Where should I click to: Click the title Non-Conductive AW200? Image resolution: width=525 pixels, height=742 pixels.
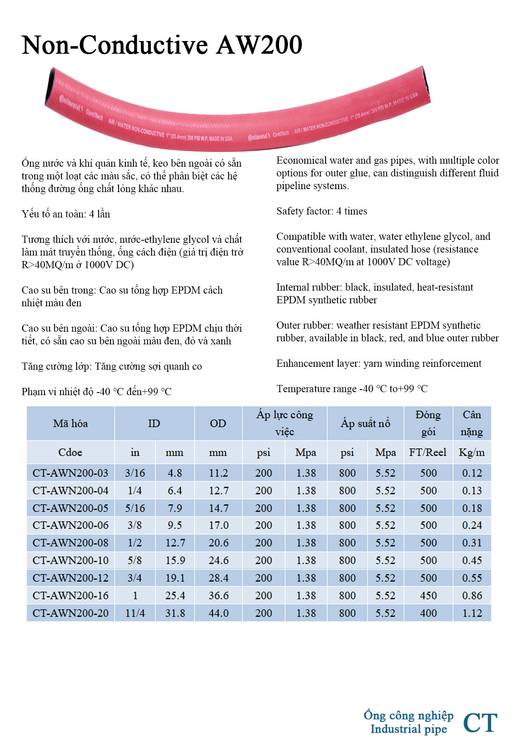(x=162, y=45)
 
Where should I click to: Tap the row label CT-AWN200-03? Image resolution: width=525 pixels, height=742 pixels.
(x=70, y=473)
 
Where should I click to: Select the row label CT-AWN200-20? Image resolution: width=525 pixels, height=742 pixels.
(x=70, y=613)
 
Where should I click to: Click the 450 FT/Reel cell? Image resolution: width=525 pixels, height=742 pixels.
(x=428, y=596)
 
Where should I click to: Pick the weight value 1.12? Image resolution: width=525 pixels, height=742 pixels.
(x=472, y=613)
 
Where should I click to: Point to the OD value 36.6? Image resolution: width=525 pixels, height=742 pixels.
(x=218, y=596)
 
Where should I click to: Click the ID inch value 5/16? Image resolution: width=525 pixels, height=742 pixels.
(x=135, y=508)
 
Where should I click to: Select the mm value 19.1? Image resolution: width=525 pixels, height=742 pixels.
(x=175, y=578)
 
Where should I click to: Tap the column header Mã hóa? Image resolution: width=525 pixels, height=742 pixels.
(x=70, y=423)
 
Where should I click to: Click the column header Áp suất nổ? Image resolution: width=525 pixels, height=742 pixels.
(x=365, y=423)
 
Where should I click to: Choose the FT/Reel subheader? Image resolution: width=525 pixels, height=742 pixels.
(x=428, y=453)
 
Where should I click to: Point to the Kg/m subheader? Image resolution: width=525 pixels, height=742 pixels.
(x=472, y=453)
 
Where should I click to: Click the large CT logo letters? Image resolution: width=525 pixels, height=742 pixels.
(x=480, y=723)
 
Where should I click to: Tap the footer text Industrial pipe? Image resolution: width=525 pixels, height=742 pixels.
(x=409, y=729)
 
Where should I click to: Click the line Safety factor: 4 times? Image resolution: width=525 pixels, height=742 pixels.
(x=322, y=211)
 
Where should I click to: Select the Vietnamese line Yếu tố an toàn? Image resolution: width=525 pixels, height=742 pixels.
(x=66, y=214)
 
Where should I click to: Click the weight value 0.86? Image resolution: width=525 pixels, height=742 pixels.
(x=472, y=596)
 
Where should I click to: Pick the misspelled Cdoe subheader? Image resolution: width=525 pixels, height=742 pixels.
(x=70, y=453)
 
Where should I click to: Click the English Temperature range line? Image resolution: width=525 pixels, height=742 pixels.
(x=352, y=389)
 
